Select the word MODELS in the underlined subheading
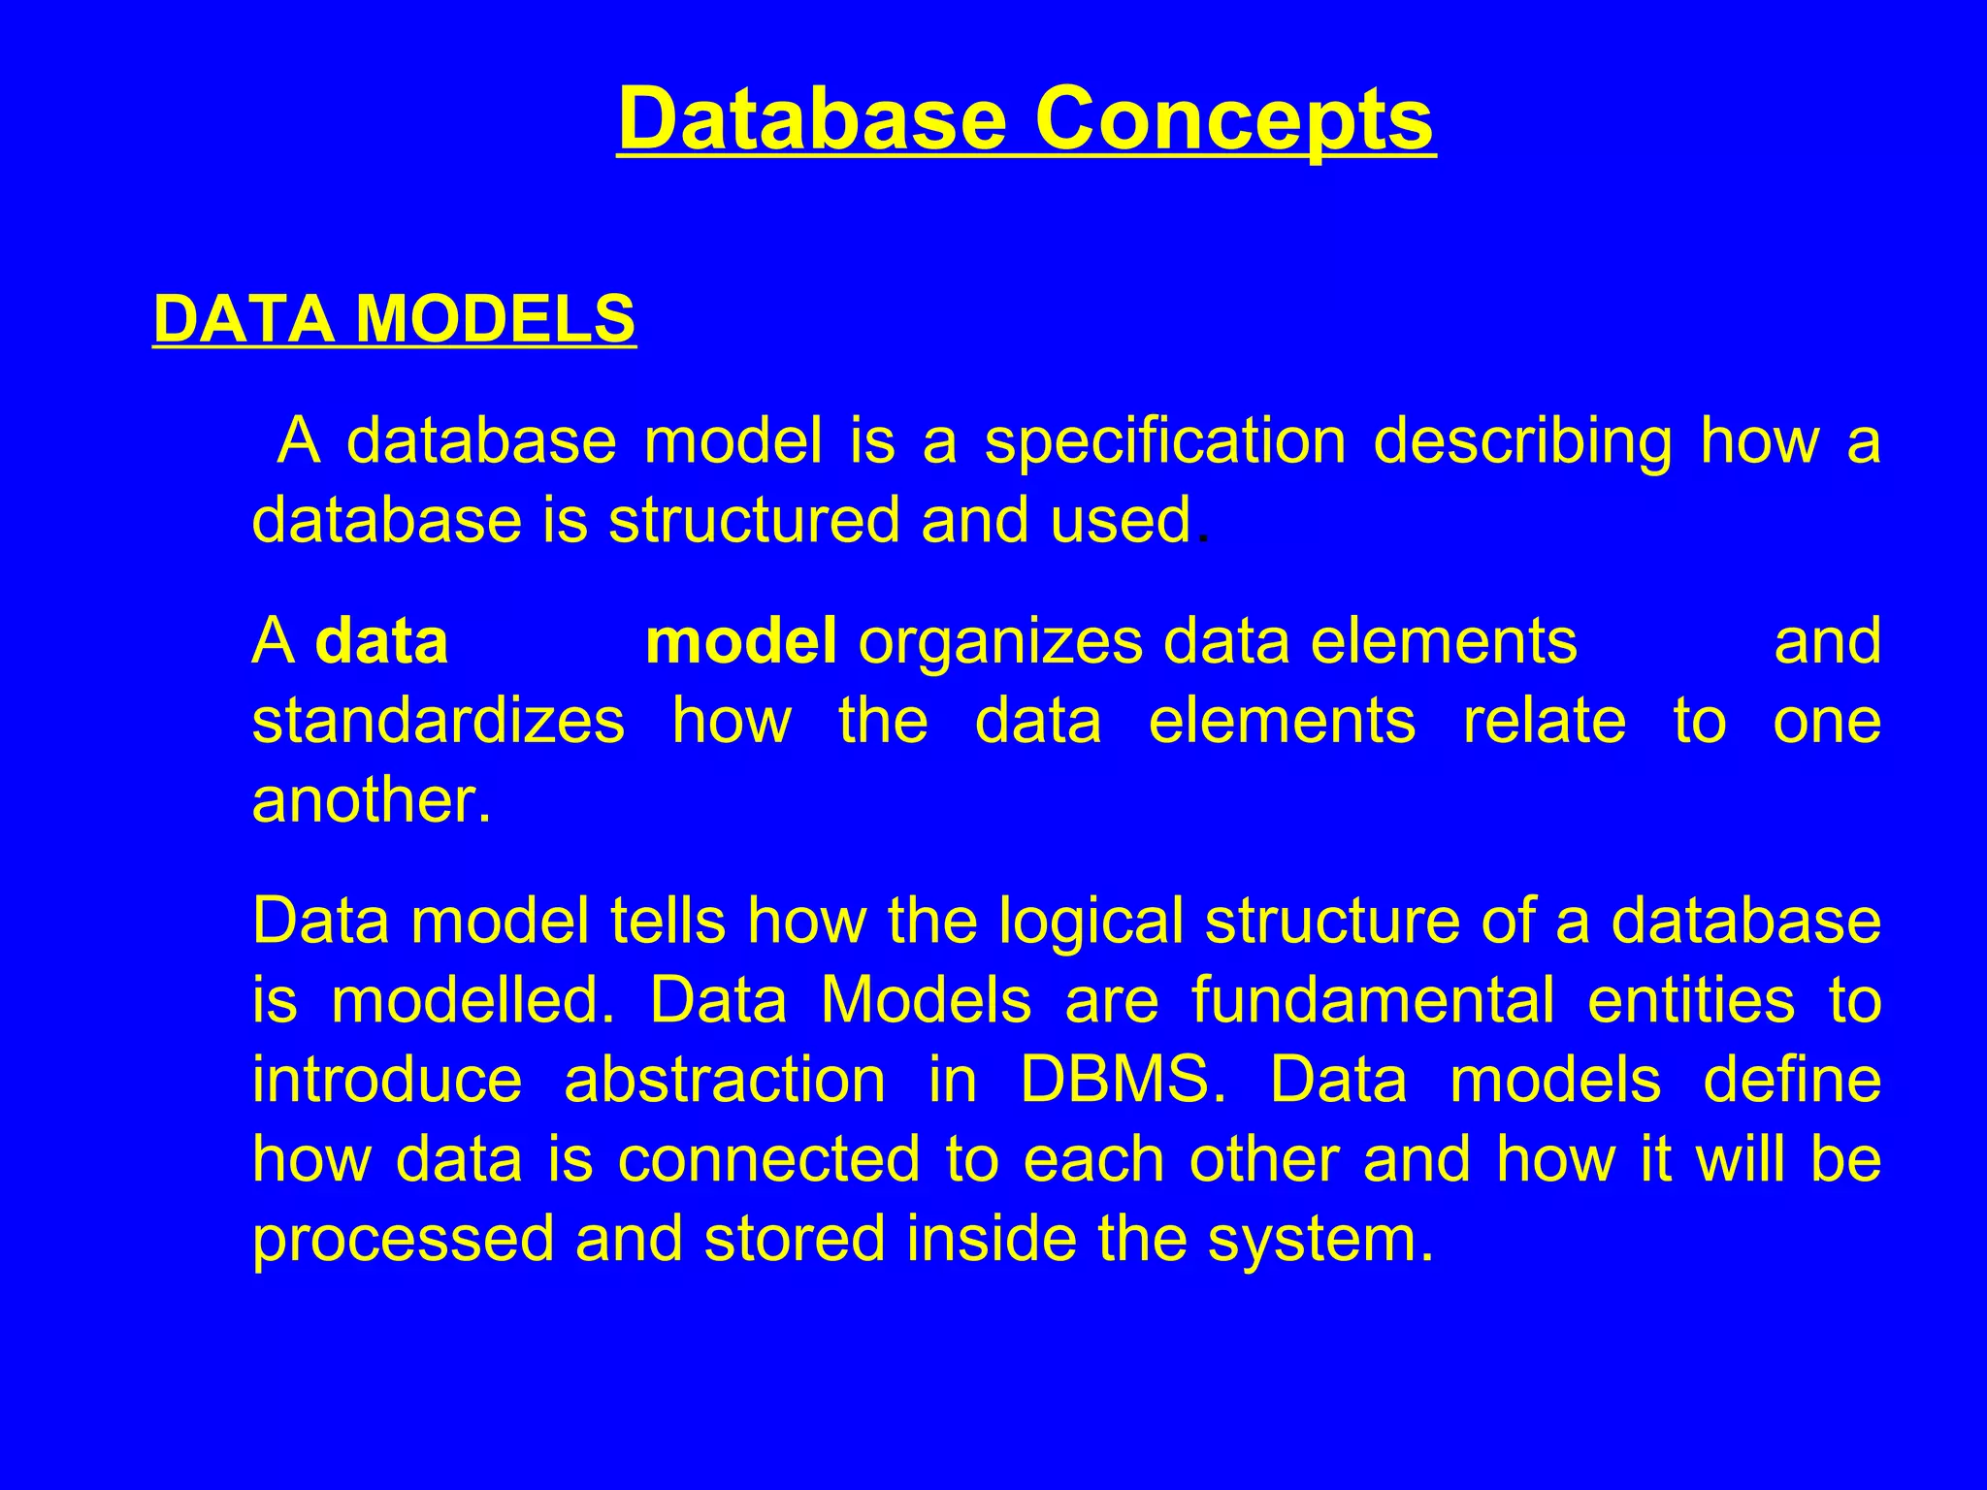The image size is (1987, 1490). pos(495,319)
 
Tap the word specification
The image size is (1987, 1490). pos(1164,441)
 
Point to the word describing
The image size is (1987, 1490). pos(1522,441)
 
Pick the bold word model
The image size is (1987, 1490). pos(740,641)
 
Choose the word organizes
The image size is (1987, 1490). pos(1000,643)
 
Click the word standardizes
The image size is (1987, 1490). pos(439,722)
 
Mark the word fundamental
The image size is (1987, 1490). pos(1373,1000)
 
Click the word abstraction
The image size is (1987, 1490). pos(725,1080)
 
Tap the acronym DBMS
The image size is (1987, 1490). pos(1116,1080)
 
